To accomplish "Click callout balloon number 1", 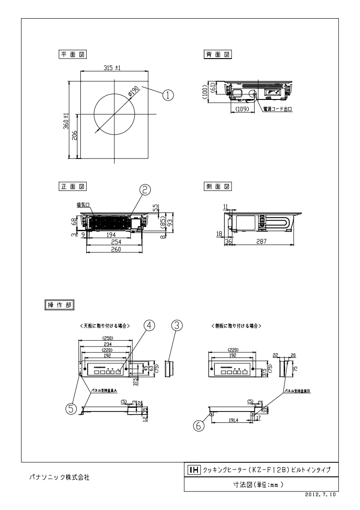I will (168, 95).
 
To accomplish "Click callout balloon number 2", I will (144, 189).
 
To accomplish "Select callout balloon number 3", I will (177, 325).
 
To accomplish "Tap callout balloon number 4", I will (149, 325).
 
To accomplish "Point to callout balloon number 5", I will (71, 409).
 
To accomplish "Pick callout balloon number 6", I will (198, 426).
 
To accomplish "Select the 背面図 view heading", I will (218, 54).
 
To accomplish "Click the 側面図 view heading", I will (218, 186).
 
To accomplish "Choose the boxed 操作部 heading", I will (59, 305).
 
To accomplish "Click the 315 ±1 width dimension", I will (111, 68).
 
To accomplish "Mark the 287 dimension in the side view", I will (261, 242).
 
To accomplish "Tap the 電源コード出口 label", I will (277, 109).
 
